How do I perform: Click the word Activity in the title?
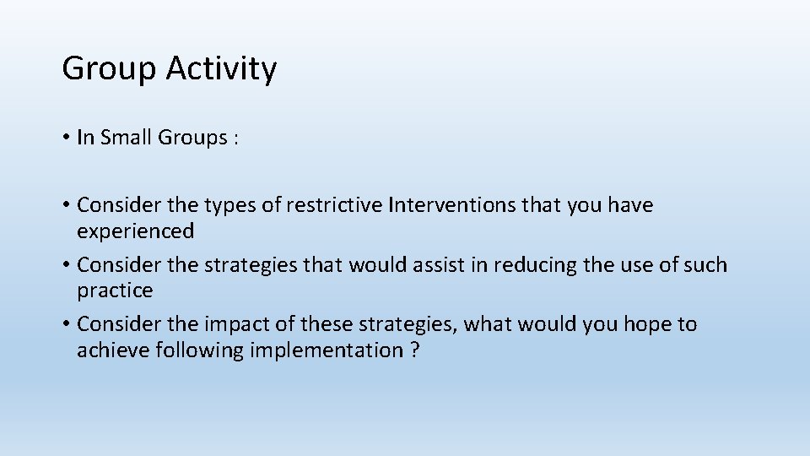coord(221,69)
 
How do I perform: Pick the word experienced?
coord(135,231)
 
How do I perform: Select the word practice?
coord(115,290)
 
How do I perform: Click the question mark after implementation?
coord(414,350)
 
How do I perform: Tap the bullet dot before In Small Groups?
coord(66,138)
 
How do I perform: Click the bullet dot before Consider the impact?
coord(66,325)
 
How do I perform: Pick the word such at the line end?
coord(705,265)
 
